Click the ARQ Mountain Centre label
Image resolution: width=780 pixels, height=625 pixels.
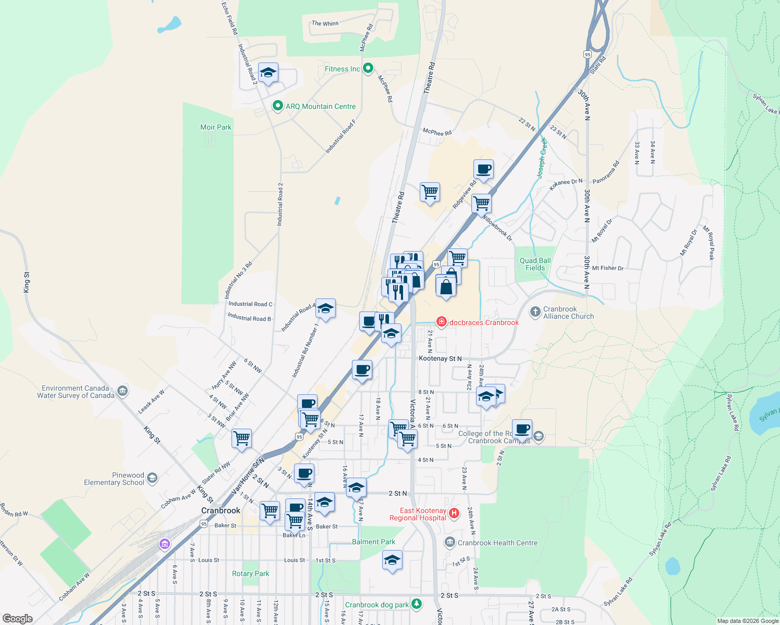tap(320, 106)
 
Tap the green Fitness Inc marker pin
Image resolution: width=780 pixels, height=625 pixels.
tap(368, 68)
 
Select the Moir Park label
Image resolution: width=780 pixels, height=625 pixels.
tap(216, 127)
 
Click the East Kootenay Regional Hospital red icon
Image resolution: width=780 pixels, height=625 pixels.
tap(454, 514)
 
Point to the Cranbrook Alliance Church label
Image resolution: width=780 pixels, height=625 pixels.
tap(568, 312)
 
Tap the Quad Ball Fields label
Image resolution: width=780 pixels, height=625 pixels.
tap(535, 264)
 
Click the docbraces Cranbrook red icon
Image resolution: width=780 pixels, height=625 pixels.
tap(442, 322)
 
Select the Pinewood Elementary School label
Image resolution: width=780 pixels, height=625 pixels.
tap(114, 479)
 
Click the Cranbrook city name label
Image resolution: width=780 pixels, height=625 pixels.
tap(221, 510)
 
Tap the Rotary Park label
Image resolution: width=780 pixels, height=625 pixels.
tap(250, 573)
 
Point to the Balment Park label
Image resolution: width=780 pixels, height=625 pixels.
tap(373, 542)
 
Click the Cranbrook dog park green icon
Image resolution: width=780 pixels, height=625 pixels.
tap(417, 604)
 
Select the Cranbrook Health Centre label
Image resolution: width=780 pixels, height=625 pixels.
tap(497, 543)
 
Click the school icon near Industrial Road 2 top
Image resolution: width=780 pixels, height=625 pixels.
tap(268, 73)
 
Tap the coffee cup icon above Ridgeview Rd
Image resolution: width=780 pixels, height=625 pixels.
tap(483, 169)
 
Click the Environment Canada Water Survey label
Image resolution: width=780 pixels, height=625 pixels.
tap(76, 392)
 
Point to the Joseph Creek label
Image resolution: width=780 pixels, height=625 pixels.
tap(542, 158)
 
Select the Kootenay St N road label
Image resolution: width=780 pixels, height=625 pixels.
tap(440, 358)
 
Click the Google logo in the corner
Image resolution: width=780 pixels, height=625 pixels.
tap(17, 618)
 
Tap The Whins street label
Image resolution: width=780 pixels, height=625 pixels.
tap(325, 23)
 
